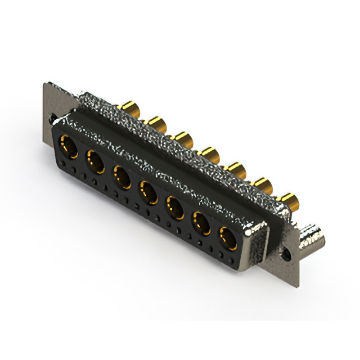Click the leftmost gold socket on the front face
pyautogui.click(x=68, y=147)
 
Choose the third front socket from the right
pyautogui.click(x=175, y=208)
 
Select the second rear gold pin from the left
pyautogui.click(x=155, y=121)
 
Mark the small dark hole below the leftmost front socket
pyautogui.click(x=64, y=164)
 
